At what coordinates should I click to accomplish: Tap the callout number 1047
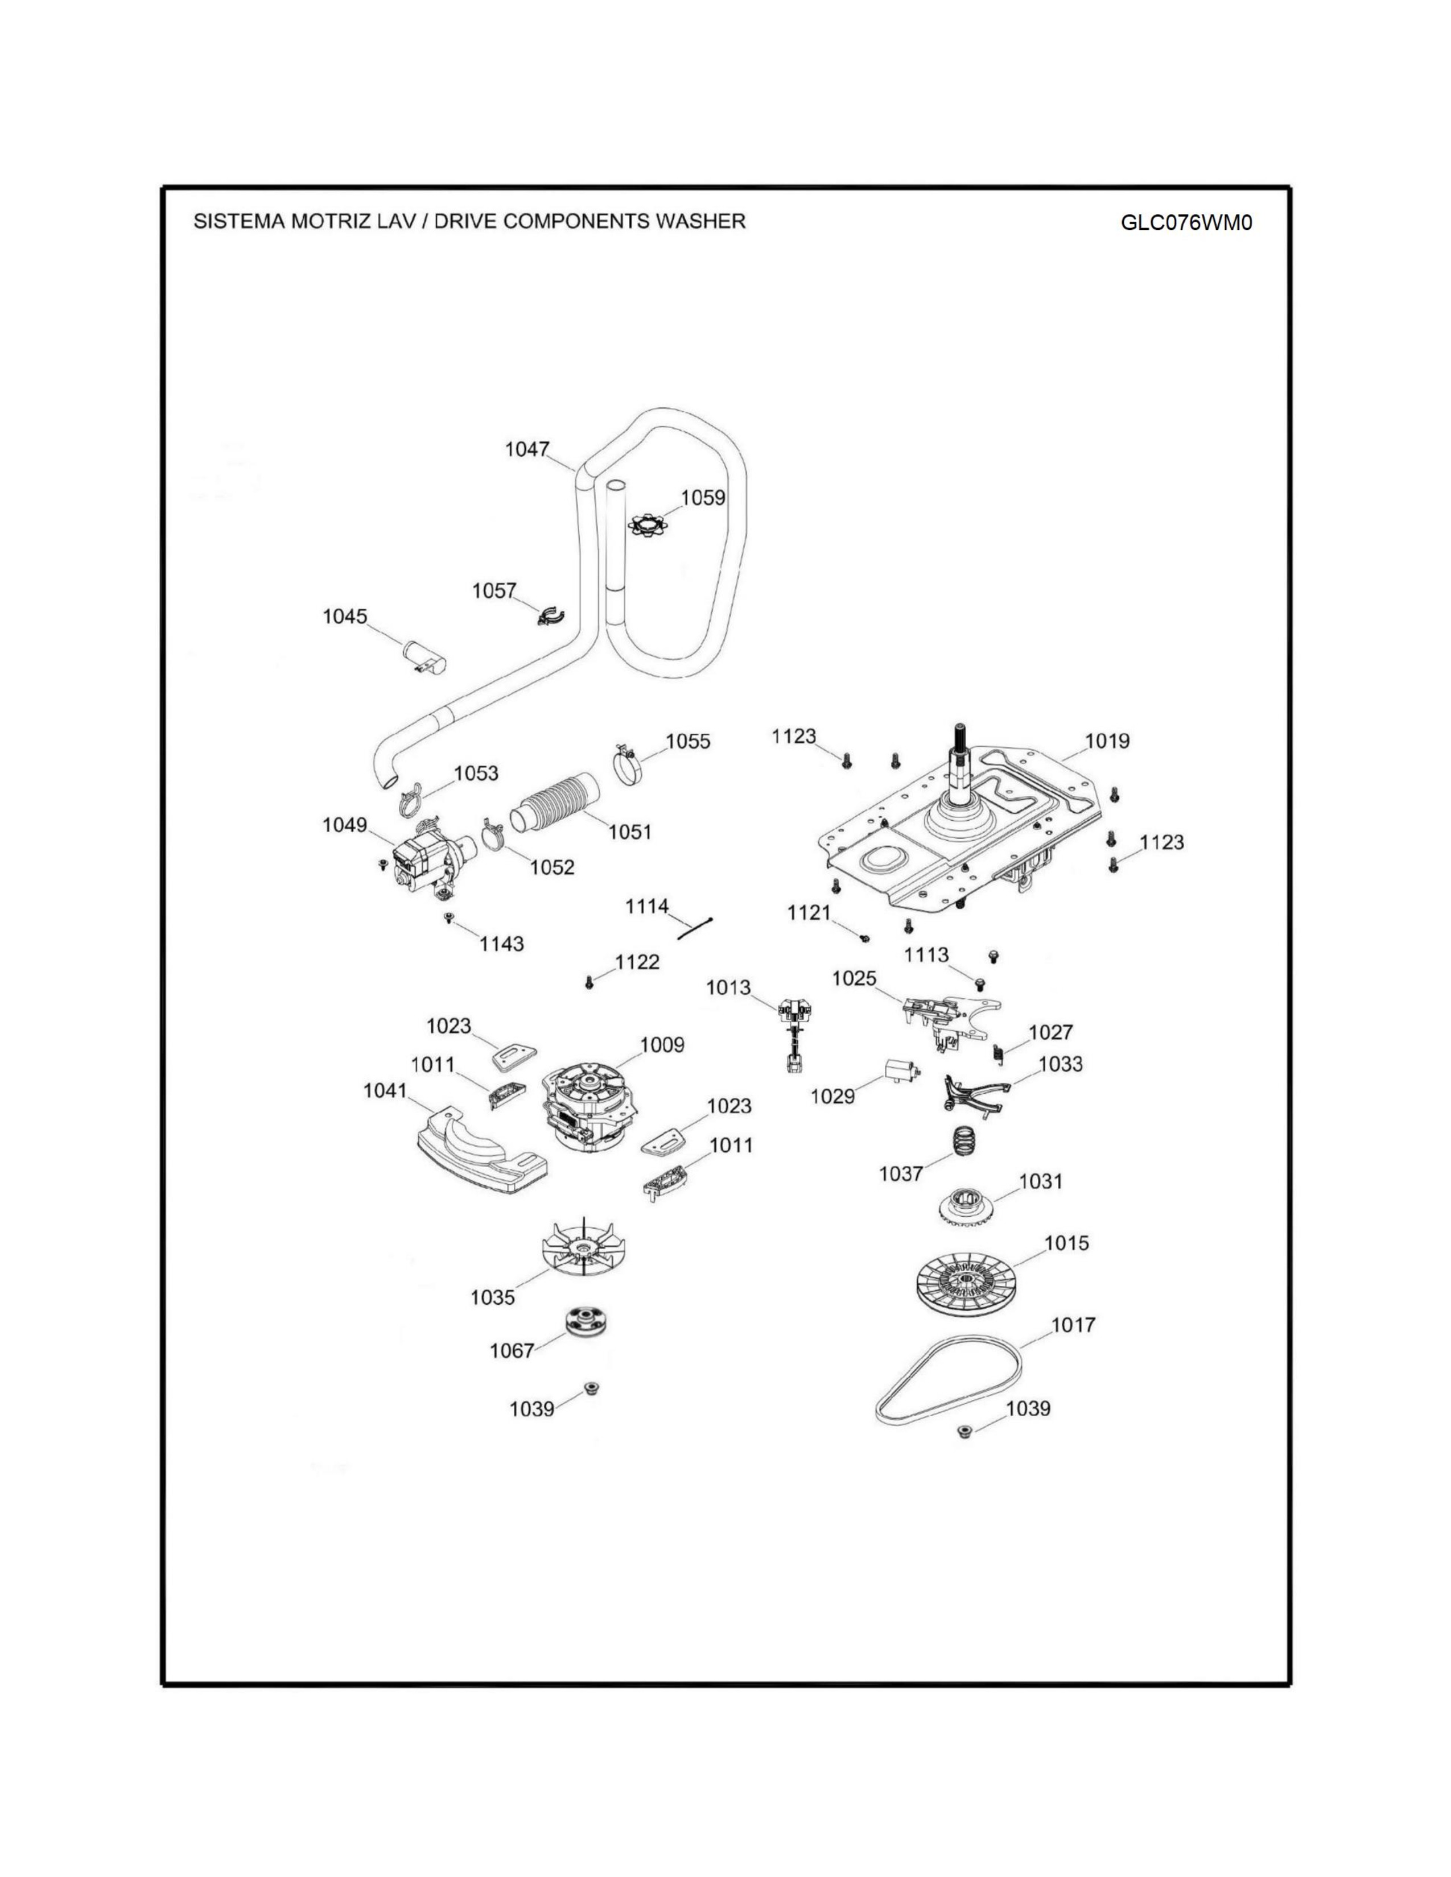click(526, 449)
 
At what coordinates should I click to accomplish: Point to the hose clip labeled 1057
click(549, 615)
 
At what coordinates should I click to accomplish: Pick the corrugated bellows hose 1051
click(555, 803)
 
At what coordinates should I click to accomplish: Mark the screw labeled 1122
click(590, 982)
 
